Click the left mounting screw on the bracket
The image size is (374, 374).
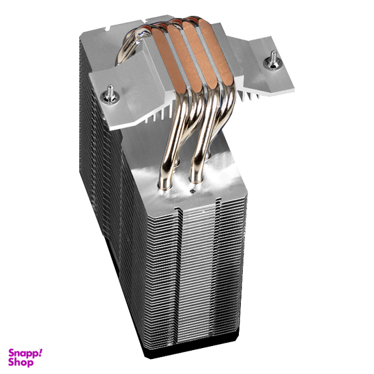click(110, 95)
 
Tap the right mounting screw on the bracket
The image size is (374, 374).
click(273, 60)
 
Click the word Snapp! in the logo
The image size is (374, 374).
click(25, 353)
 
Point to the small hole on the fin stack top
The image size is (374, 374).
click(192, 191)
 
